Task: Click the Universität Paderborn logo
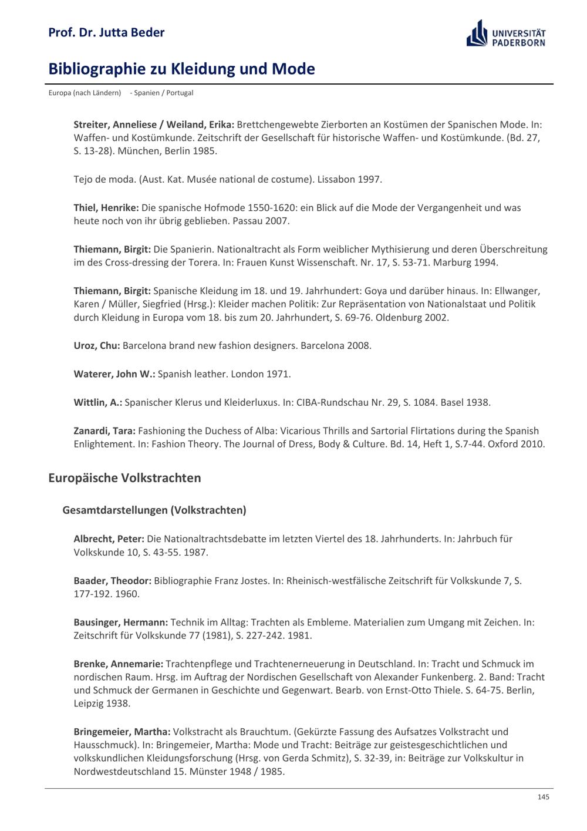506,33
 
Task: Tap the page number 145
543,797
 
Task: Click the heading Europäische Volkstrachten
124,478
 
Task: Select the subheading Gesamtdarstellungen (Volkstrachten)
154,510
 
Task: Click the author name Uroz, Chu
97,345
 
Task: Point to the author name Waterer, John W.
114,374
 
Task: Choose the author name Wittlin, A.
98,402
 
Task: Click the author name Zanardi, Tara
104,430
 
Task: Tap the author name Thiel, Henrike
106,207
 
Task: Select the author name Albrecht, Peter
109,539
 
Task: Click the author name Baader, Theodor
113,581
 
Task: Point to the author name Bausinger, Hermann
121,622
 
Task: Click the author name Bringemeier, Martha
122,732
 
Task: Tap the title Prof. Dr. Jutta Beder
106,32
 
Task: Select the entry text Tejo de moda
103,179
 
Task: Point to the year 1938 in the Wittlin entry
478,402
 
